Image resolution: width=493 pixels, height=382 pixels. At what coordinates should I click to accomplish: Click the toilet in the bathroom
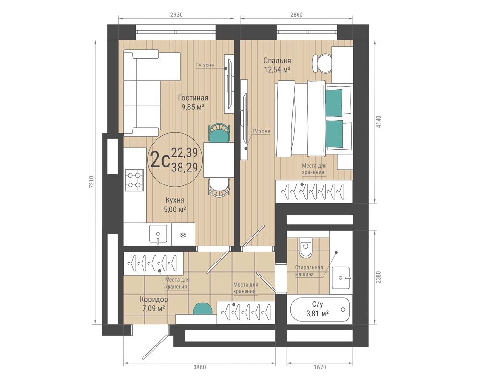click(305, 248)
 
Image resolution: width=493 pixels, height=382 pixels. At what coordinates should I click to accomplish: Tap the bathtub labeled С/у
click(320, 310)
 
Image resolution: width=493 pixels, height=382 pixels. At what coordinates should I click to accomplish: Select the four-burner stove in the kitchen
click(134, 180)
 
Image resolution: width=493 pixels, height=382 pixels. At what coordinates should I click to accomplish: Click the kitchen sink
click(157, 235)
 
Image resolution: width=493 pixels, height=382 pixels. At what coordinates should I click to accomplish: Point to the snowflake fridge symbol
click(183, 235)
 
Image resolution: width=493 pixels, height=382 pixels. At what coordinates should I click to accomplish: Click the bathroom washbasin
click(341, 277)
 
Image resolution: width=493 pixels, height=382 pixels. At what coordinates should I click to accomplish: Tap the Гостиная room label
click(193, 98)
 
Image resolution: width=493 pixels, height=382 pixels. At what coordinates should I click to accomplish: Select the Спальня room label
click(277, 61)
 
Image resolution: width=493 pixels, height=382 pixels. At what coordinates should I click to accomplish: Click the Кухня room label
click(175, 200)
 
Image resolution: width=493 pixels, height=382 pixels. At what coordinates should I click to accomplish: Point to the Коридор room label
click(154, 299)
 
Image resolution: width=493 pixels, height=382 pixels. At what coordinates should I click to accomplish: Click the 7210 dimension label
click(91, 182)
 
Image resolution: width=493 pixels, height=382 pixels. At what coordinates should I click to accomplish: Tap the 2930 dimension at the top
click(176, 14)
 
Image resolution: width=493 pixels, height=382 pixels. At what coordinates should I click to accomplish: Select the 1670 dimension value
click(320, 367)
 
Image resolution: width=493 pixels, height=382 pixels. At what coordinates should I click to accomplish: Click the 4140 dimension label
click(378, 122)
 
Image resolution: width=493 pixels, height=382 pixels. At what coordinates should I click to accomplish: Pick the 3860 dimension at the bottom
click(199, 367)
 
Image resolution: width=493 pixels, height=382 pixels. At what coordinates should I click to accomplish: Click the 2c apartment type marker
click(160, 159)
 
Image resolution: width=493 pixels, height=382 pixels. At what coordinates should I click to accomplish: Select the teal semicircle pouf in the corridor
click(203, 309)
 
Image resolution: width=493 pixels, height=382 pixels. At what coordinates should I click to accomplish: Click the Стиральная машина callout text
click(309, 271)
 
